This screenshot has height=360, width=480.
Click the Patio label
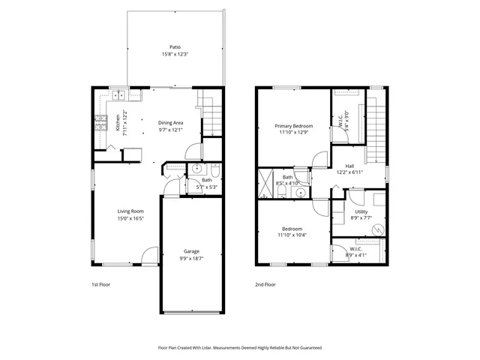pos(175,46)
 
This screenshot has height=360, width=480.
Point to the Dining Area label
pos(170,122)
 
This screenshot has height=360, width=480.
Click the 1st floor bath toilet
pos(214,169)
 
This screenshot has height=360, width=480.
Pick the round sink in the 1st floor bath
pos(193,169)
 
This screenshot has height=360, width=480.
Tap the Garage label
pos(191,250)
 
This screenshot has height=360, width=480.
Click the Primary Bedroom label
pos(293,125)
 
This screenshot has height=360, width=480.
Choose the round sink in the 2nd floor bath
pos(300,193)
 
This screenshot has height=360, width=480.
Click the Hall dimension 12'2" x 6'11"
pos(349,172)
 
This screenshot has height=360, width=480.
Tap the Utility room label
pos(361,212)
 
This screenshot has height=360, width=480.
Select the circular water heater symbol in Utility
pos(378,229)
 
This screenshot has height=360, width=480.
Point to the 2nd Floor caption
pos(265,285)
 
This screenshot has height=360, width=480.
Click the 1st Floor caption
pos(100,285)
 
